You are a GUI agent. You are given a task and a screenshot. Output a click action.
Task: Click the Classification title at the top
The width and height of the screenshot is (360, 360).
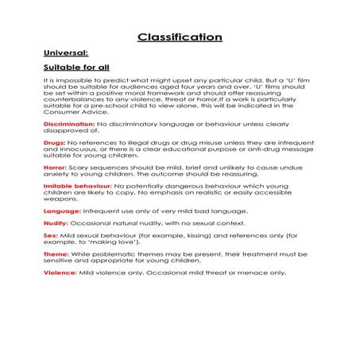pos(180,37)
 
